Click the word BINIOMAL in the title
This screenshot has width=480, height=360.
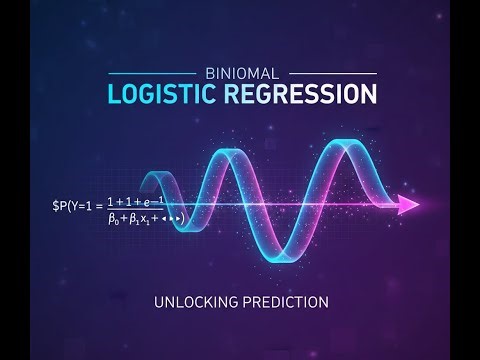tap(240, 73)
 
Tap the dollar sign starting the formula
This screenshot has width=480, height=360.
tap(56, 206)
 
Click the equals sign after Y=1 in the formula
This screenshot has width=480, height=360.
tap(98, 206)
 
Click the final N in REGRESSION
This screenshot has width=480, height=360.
tap(370, 94)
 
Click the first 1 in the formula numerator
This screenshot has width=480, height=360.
tap(111, 202)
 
